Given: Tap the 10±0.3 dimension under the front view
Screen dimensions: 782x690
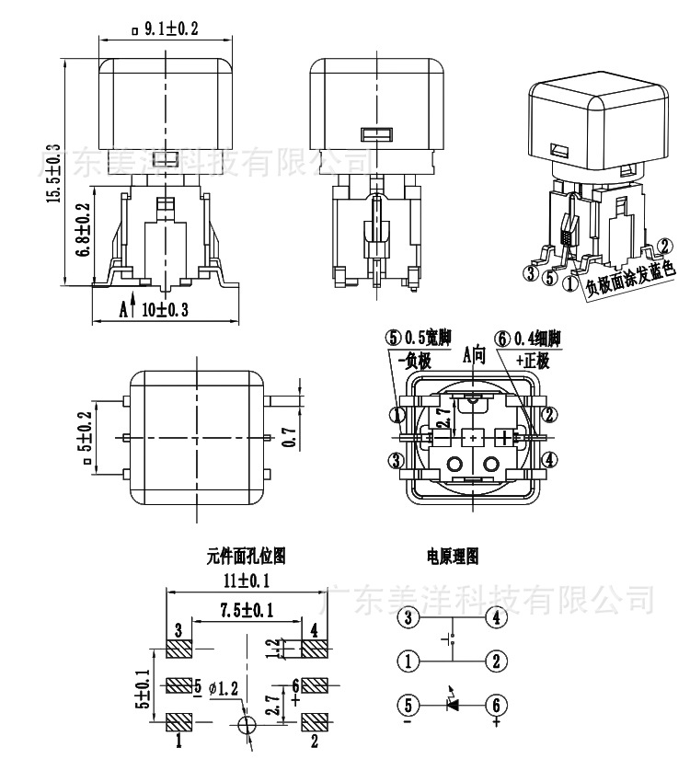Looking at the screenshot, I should pos(166,310).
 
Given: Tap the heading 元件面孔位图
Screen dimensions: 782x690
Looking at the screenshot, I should pos(246,556).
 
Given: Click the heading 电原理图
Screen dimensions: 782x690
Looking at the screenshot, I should pos(452,556).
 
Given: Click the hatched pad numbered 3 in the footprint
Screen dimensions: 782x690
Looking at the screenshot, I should pos(178,650).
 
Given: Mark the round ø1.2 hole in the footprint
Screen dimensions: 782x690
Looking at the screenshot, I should pos(247,726).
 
